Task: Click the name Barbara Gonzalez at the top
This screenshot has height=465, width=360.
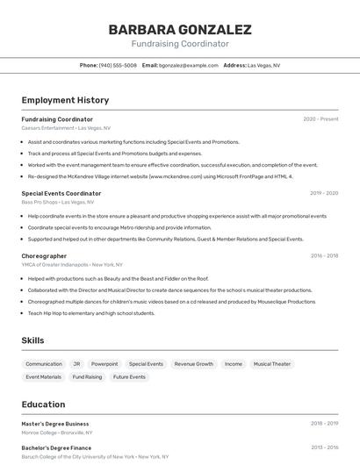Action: click(x=180, y=29)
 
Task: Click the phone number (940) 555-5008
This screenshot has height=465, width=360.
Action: click(x=118, y=65)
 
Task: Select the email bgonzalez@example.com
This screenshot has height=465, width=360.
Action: click(x=189, y=65)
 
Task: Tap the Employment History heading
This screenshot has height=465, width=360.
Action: click(x=65, y=101)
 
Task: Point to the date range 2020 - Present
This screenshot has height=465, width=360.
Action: click(x=320, y=119)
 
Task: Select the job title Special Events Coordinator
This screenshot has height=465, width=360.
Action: click(x=61, y=193)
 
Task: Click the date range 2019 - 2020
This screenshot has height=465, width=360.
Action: click(x=324, y=193)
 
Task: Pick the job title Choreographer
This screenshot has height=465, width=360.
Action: click(x=44, y=256)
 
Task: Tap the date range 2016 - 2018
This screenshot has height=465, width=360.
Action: click(x=324, y=256)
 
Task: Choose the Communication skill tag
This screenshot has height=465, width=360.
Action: click(x=44, y=363)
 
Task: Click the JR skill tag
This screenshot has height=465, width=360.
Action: click(x=76, y=363)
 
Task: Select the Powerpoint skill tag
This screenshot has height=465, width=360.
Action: click(x=104, y=363)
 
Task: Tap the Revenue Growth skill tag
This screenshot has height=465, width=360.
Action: click(x=193, y=363)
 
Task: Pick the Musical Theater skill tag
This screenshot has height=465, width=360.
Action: click(x=271, y=363)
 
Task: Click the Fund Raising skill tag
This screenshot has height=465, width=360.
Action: click(x=87, y=376)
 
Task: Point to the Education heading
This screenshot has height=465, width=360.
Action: click(x=44, y=404)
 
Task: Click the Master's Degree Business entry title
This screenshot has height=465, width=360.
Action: click(x=55, y=424)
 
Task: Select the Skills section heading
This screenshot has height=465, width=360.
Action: click(x=32, y=340)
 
